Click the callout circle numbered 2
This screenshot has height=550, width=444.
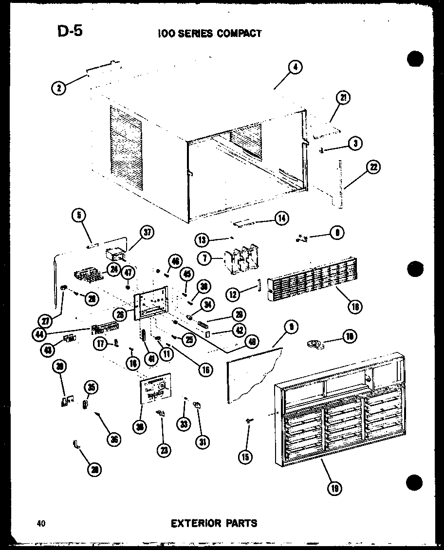pos(59,88)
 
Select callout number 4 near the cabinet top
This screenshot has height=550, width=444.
pos(295,68)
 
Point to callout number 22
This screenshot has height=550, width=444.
pos(374,167)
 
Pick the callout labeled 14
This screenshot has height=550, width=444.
pos(281,218)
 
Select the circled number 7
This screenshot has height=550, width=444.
pos(205,258)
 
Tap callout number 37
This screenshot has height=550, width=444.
pos(146,233)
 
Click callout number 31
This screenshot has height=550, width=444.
pos(202,442)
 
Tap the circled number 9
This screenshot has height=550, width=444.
pos(291,328)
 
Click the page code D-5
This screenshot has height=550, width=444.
pos(70,31)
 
